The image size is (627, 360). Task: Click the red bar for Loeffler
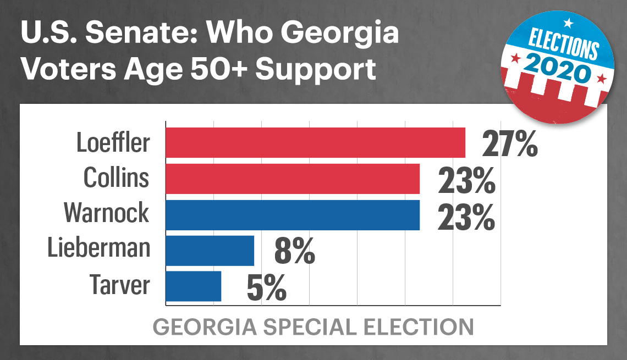click(x=316, y=143)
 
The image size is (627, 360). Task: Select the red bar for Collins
click(x=293, y=179)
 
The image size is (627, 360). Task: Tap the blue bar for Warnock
click(x=293, y=215)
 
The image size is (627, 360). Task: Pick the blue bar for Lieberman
click(x=210, y=251)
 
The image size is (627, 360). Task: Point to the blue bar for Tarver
click(x=194, y=286)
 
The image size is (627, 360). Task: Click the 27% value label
click(x=510, y=143)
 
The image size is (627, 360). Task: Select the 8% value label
click(x=295, y=251)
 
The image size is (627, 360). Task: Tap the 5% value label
click(x=267, y=287)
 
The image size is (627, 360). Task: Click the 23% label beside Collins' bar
click(x=466, y=181)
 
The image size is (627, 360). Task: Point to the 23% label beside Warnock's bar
click(x=466, y=217)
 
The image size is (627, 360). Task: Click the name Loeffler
click(x=113, y=143)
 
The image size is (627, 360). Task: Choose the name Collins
click(x=117, y=178)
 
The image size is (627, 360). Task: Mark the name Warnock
click(x=106, y=213)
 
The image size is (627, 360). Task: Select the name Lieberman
click(x=99, y=247)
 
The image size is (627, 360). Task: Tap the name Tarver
click(x=119, y=285)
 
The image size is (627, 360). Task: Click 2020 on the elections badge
click(x=558, y=68)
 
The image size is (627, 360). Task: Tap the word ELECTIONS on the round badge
click(x=563, y=44)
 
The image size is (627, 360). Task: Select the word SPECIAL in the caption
click(x=310, y=327)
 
